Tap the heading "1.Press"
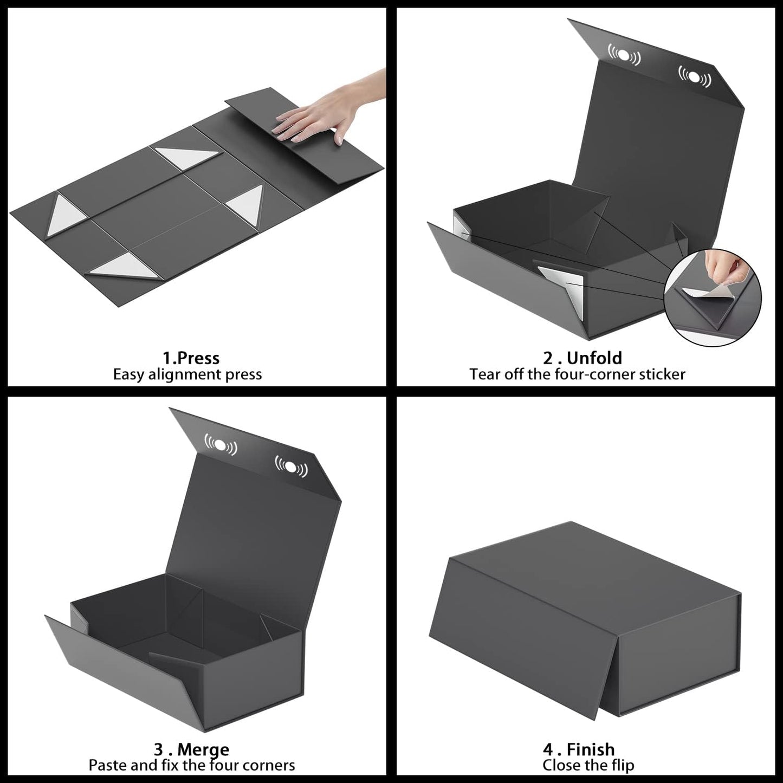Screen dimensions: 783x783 point(191,358)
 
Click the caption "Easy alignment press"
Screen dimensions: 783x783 point(187,374)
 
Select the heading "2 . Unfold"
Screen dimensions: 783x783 point(582,358)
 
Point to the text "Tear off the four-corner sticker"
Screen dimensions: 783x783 point(577,374)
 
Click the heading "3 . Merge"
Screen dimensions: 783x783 point(191,749)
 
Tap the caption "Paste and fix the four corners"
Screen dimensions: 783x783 point(192,765)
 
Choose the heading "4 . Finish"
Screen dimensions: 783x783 point(579,749)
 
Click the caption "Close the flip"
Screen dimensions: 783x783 point(588,765)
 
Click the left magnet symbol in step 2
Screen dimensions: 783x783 point(623,55)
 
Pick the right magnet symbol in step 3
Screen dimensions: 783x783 point(292,466)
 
